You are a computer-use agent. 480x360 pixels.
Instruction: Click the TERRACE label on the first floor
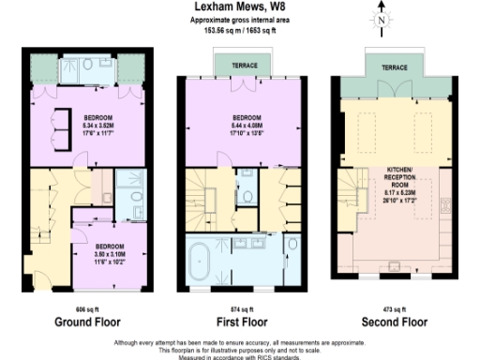(236, 65)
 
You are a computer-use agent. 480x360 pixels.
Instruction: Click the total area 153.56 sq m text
(215, 27)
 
